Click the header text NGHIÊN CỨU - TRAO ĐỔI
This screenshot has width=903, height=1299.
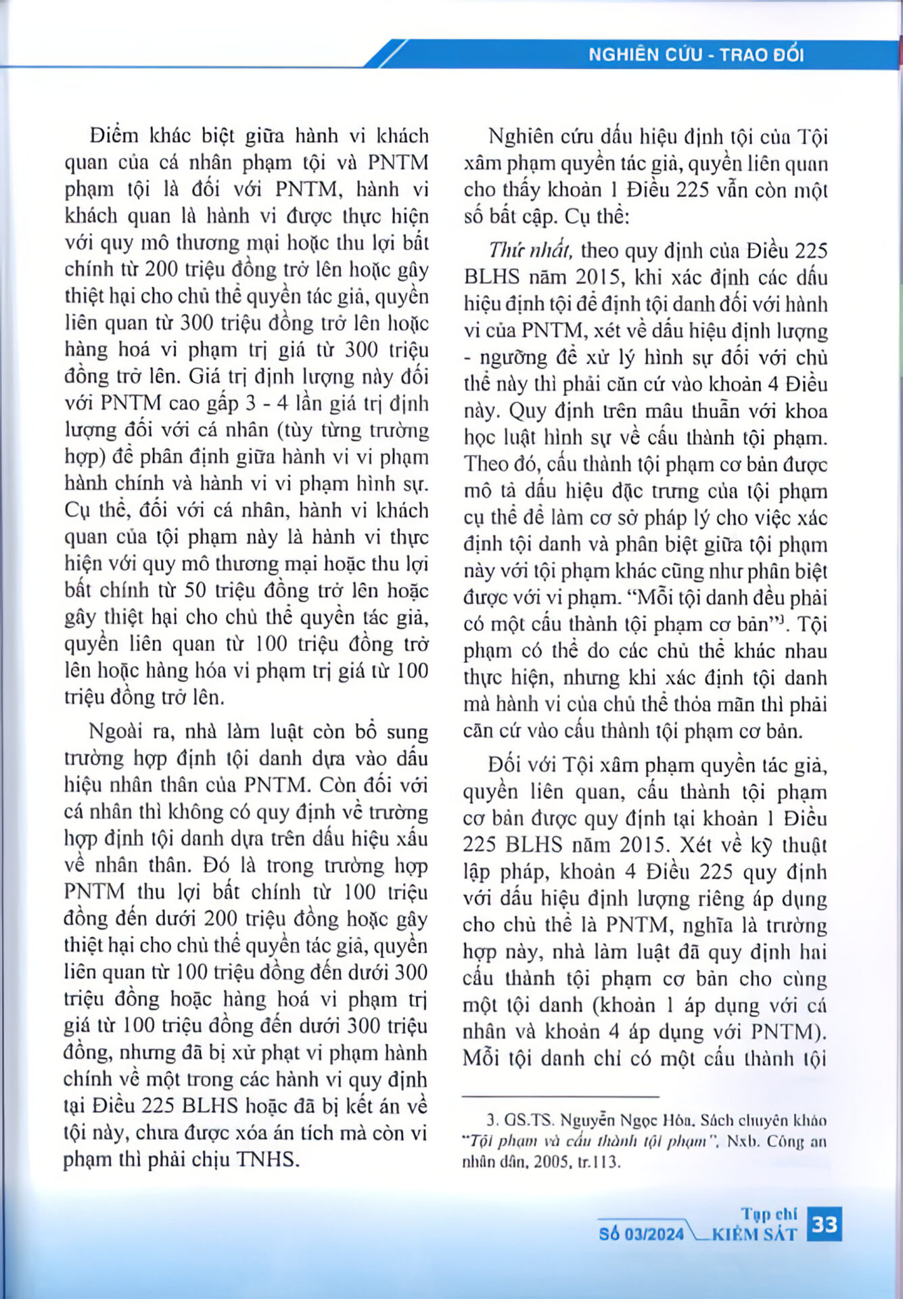pos(695,55)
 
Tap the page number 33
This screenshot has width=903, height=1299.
pos(825,1224)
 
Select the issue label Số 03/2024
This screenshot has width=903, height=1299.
pos(641,1234)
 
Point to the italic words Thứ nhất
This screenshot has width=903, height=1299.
pos(531,251)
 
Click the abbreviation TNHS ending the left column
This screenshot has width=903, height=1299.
pos(267,1160)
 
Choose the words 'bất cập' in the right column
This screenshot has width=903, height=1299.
pos(520,218)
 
